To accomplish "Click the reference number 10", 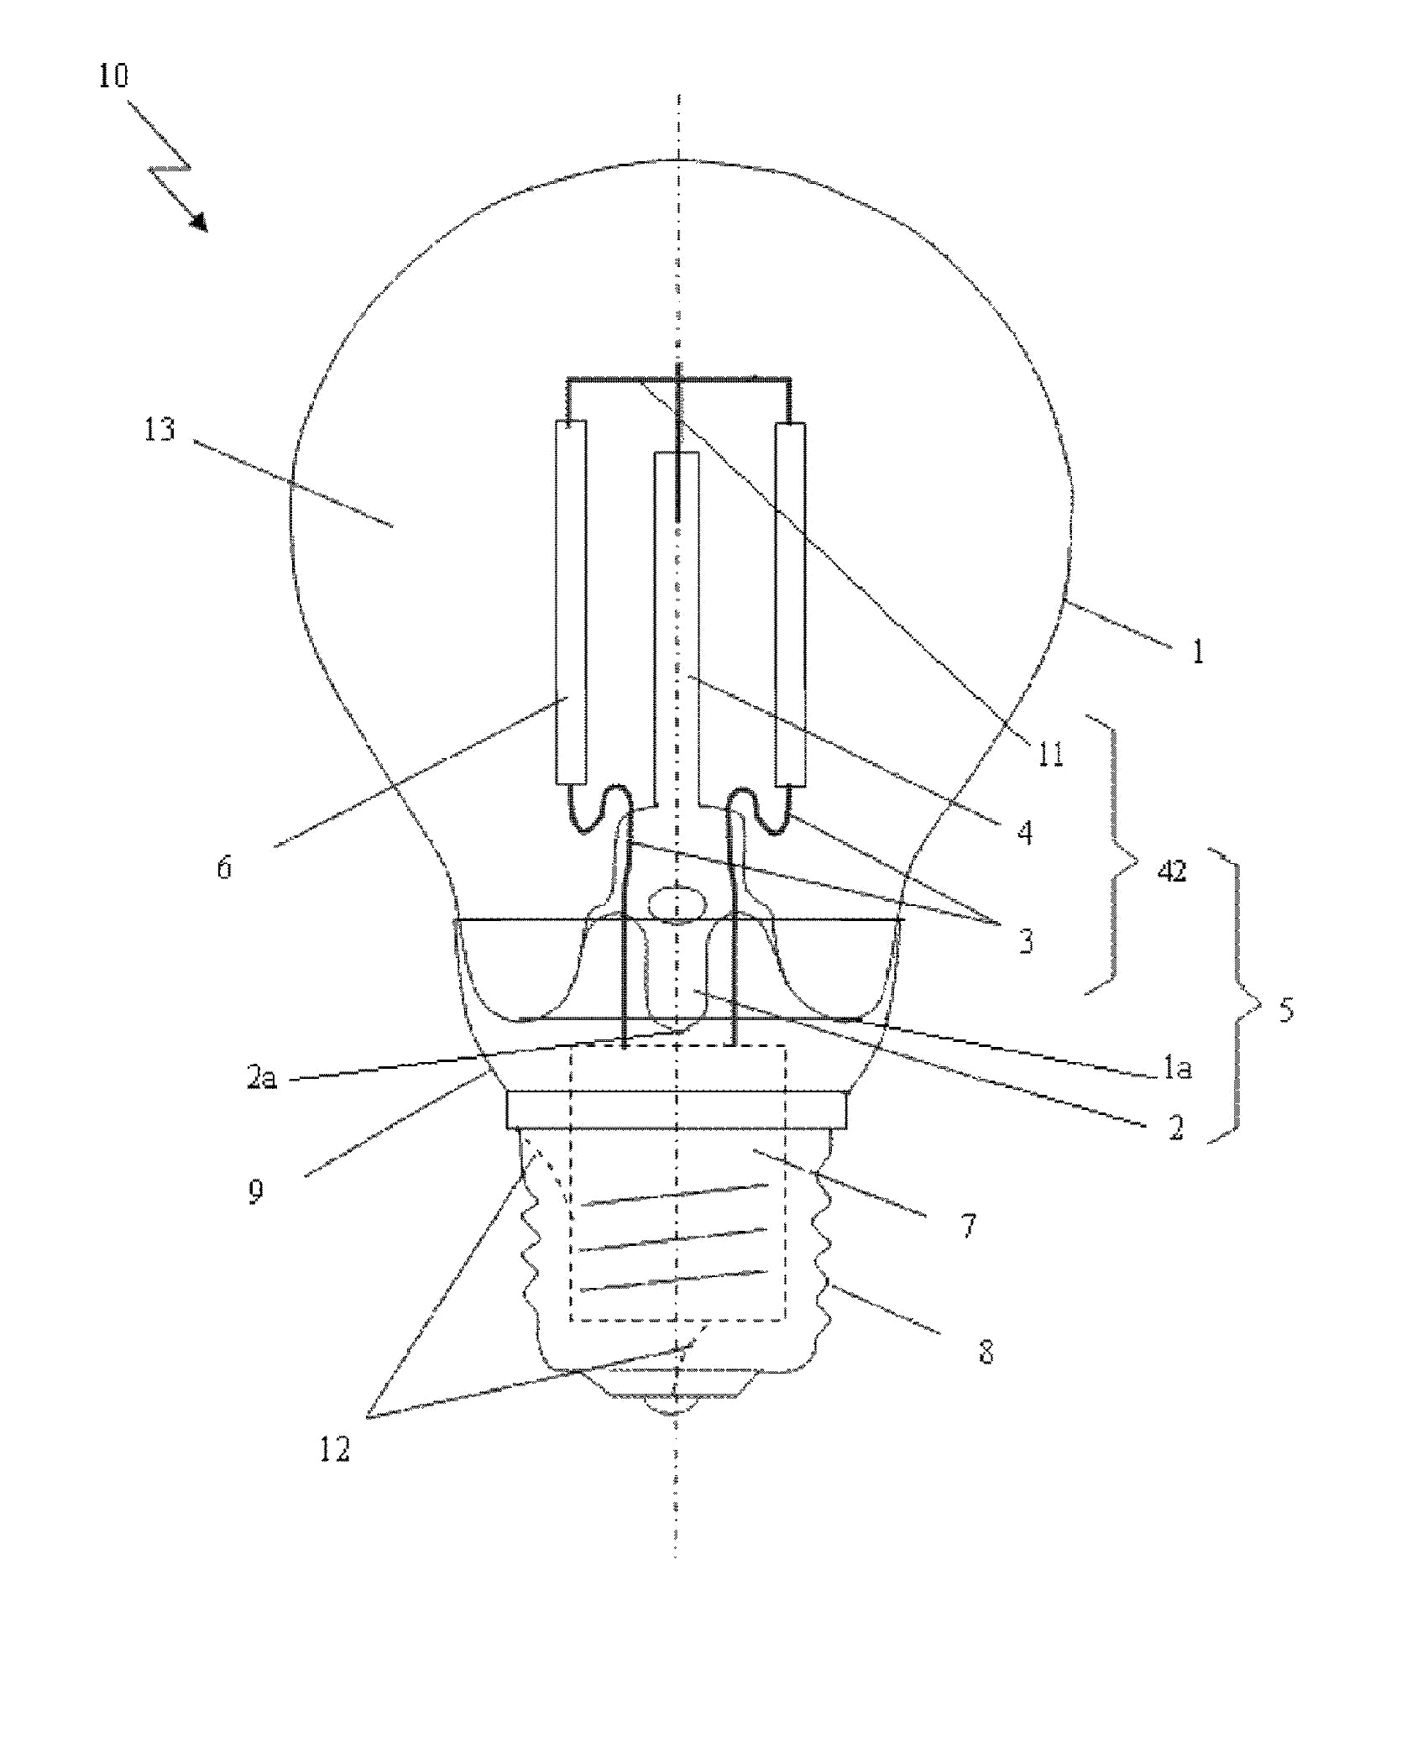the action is tap(113, 76).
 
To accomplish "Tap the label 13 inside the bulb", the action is tap(160, 429).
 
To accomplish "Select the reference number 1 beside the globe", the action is tap(1198, 652).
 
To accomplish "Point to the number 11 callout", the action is tap(1049, 753).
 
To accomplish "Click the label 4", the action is tap(1024, 833).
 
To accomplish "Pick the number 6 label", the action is tap(224, 867).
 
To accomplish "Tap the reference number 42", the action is tap(1173, 871).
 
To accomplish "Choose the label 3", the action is tap(1026, 942).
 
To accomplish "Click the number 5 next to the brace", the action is tap(1286, 1010).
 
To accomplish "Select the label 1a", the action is tap(1178, 1069).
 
